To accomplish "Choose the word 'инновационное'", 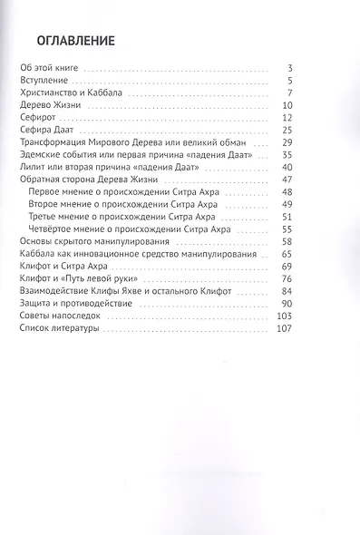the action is [130, 258].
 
